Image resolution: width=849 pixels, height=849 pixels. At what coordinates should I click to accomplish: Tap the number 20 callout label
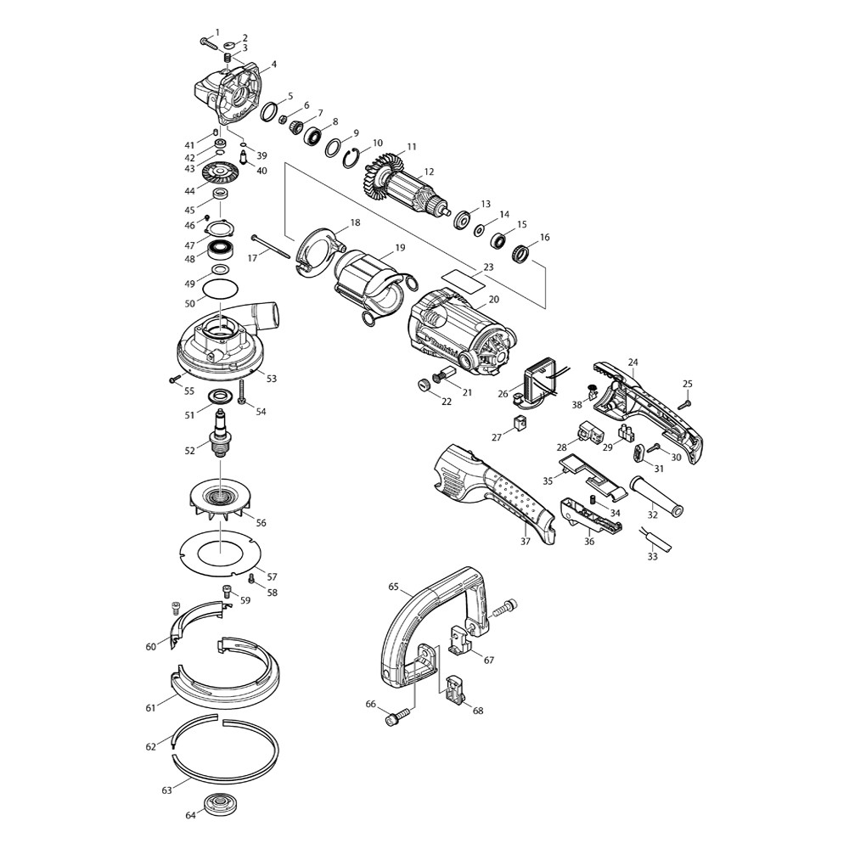point(493,300)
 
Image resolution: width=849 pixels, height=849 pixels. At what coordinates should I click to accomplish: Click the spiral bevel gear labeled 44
point(220,173)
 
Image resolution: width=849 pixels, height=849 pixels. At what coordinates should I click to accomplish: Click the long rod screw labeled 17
point(270,247)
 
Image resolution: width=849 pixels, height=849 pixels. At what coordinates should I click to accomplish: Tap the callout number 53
point(272,379)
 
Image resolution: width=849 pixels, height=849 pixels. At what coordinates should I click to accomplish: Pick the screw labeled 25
point(683,403)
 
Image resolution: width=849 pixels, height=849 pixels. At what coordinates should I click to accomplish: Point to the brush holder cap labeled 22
point(424,385)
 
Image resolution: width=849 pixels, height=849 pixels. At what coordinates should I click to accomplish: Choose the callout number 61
point(150,708)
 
